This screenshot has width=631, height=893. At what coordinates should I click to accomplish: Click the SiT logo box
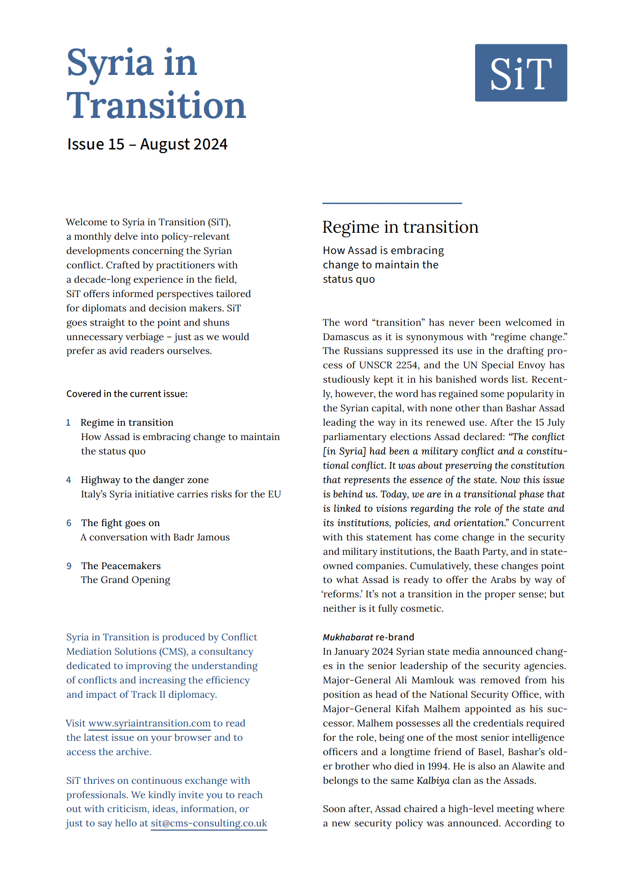tap(520, 73)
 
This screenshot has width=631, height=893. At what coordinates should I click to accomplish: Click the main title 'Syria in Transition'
tap(156, 84)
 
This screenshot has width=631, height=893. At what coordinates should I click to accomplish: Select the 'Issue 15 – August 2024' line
tap(147, 144)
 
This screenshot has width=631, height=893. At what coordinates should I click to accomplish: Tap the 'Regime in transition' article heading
tap(400, 227)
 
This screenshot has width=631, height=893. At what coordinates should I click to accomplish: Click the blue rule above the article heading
tap(392, 203)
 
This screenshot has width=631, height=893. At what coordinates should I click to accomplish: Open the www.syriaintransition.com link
tap(149, 724)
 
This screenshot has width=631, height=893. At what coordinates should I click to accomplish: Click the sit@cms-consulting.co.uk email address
tap(209, 824)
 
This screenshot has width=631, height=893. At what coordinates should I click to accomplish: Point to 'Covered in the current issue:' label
tap(127, 394)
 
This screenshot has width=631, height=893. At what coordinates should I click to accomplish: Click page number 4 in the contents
tap(68, 480)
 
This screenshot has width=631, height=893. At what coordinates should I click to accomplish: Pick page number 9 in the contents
tap(69, 566)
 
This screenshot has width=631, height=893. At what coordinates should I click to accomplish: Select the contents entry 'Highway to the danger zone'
tap(145, 480)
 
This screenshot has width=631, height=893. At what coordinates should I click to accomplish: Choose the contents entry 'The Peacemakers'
tap(121, 566)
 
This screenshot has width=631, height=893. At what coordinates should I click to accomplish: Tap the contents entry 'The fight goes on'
tap(120, 523)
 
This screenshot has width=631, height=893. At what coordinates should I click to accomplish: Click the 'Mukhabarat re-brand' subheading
tap(368, 637)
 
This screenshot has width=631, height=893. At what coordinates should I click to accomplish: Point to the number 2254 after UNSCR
tap(407, 365)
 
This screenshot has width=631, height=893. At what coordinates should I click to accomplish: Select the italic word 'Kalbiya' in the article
tap(433, 781)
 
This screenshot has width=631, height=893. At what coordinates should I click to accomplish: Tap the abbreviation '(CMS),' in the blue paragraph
tap(173, 651)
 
